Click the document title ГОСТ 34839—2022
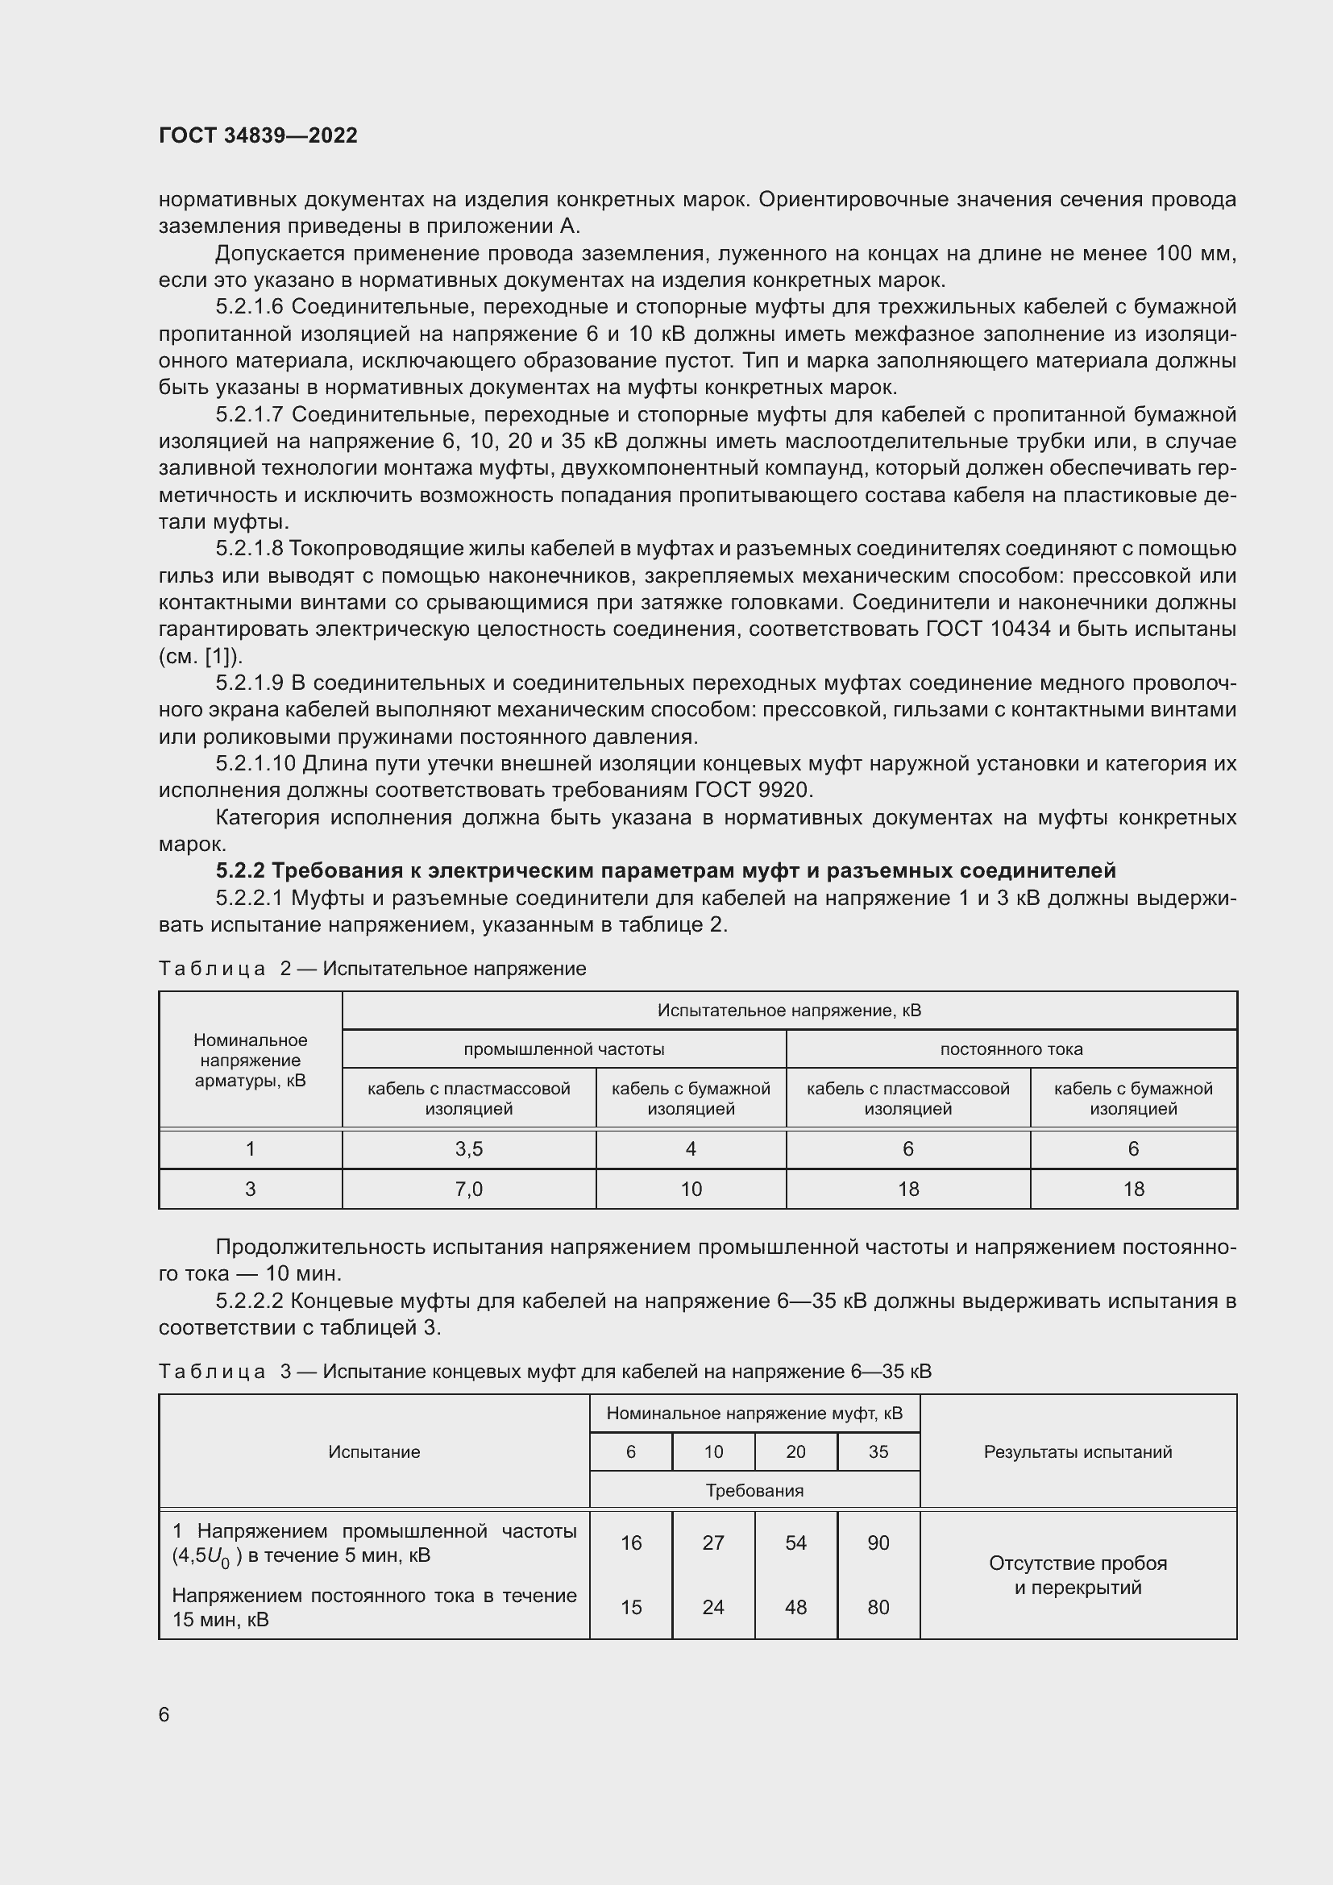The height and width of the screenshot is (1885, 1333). [x=258, y=135]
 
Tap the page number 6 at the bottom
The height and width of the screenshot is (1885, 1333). [x=164, y=1714]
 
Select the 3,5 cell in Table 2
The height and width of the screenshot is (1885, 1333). [x=469, y=1148]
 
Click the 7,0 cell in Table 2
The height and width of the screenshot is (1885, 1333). [x=469, y=1189]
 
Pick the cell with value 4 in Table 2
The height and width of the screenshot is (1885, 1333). [x=691, y=1148]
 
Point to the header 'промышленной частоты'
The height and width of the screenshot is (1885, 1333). [x=564, y=1048]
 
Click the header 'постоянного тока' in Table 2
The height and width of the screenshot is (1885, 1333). [x=1011, y=1048]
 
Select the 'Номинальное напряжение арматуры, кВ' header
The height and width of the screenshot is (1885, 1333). [x=251, y=1060]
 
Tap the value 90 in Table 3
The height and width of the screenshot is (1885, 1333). [x=878, y=1542]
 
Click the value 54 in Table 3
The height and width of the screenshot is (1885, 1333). [x=795, y=1542]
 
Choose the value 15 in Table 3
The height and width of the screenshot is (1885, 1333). [x=630, y=1607]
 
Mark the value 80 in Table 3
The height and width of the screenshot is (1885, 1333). [x=878, y=1607]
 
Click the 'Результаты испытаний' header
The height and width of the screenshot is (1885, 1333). [x=1078, y=1451]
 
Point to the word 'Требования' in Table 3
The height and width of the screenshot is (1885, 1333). [x=754, y=1490]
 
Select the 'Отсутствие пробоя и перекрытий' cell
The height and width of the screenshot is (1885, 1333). [x=1078, y=1575]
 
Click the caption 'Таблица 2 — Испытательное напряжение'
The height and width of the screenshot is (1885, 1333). [x=372, y=969]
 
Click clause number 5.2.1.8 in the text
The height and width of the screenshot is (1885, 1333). [x=250, y=549]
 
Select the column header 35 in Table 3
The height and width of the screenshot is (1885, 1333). [x=878, y=1451]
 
